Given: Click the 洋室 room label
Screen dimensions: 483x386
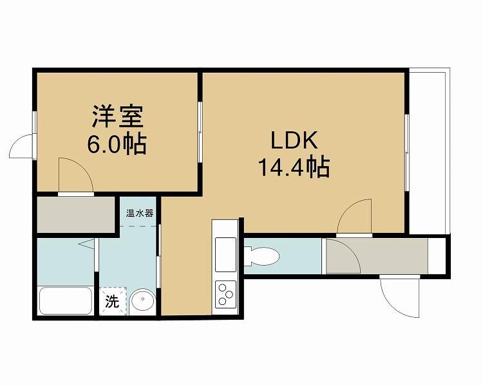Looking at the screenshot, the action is pyautogui.click(x=117, y=116).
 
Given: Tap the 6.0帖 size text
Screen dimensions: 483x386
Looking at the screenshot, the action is pyautogui.click(x=117, y=143).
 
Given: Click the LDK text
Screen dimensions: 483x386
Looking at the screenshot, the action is pyautogui.click(x=294, y=141).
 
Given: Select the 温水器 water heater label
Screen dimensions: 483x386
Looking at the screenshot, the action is pyautogui.click(x=140, y=213).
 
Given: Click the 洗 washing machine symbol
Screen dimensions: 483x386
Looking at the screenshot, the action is pyautogui.click(x=113, y=301).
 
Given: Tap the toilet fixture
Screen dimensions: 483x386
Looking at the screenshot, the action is pyautogui.click(x=262, y=256).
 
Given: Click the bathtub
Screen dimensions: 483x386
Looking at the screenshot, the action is pyautogui.click(x=66, y=301).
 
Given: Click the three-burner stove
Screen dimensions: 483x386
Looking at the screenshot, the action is pyautogui.click(x=225, y=295).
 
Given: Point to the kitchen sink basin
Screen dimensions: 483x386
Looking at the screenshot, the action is pyautogui.click(x=225, y=255).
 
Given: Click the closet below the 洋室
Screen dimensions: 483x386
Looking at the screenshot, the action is pyautogui.click(x=76, y=215).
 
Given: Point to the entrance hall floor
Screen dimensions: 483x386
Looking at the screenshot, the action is pyautogui.click(x=377, y=255).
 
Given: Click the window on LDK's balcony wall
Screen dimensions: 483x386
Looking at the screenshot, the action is pyautogui.click(x=407, y=152).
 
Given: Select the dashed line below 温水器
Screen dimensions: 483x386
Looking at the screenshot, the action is pyautogui.click(x=138, y=226).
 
